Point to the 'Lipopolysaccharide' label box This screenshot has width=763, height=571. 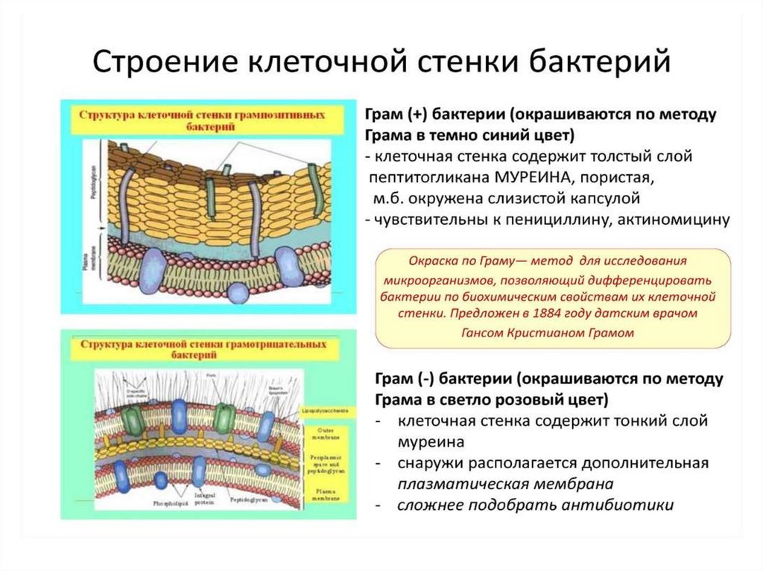click(x=326, y=410)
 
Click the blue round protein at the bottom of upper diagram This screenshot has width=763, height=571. click(x=239, y=290)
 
